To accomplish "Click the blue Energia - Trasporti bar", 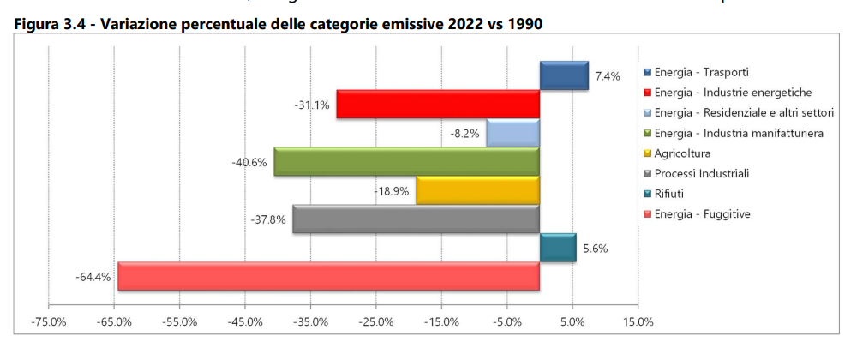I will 563,75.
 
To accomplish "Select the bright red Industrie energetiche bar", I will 437,104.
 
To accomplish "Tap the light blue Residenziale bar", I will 512,133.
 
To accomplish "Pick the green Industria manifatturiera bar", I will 406,162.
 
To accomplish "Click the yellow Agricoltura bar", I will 477,190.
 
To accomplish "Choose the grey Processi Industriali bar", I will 416,219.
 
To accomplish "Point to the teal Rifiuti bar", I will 557,248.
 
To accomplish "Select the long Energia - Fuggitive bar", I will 328,276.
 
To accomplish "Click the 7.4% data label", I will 607,75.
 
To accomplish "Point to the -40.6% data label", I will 249,162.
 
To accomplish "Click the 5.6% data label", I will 596,248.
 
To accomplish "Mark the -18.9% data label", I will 391,190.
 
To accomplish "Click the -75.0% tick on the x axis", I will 48,322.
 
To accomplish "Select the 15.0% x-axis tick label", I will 638,322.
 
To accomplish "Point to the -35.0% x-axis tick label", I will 310,322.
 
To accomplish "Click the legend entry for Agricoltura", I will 682,153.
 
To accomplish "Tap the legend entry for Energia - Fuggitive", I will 702,214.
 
